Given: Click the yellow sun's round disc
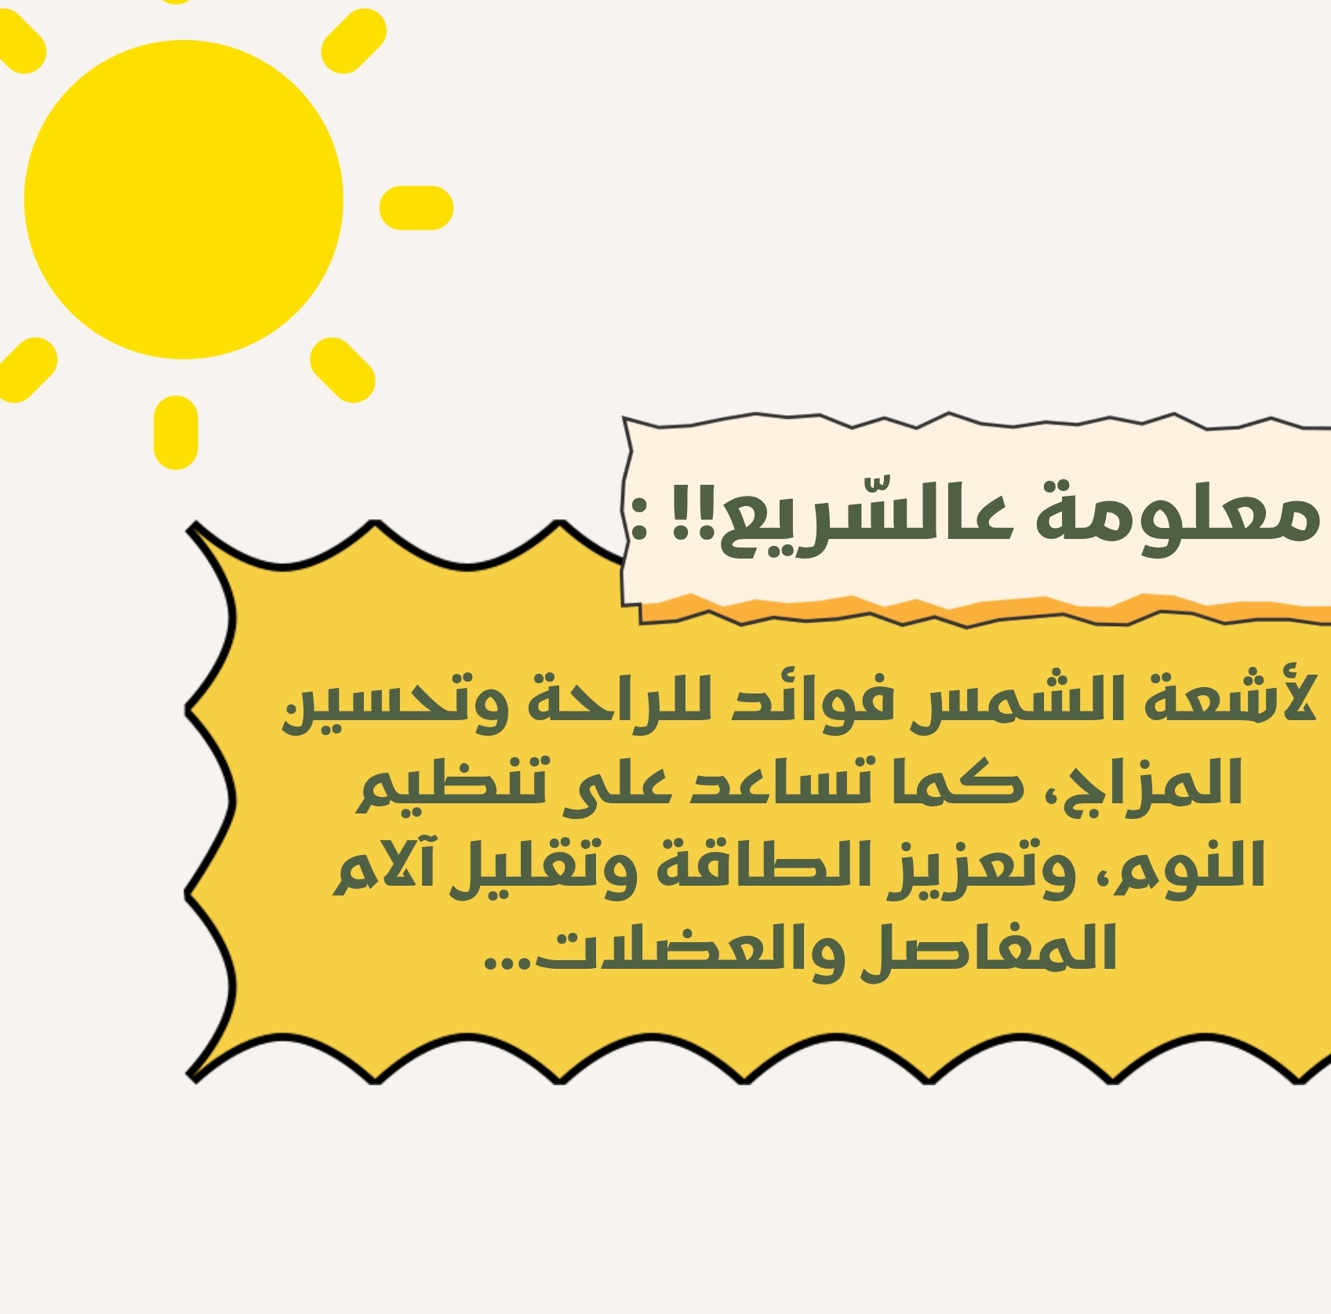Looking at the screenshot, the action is pos(184,199).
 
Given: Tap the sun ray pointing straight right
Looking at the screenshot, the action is pos(416,208).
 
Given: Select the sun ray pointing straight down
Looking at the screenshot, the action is pos(176,432).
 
